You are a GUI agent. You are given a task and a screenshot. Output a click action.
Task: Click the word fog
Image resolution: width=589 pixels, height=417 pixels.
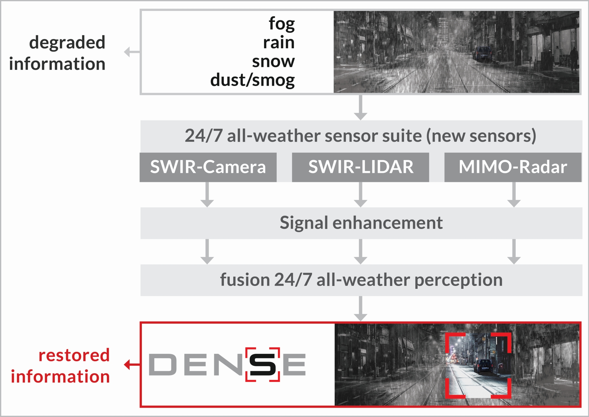pyautogui.click(x=281, y=24)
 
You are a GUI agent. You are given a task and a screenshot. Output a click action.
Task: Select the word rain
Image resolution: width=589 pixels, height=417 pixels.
pyautogui.click(x=279, y=43)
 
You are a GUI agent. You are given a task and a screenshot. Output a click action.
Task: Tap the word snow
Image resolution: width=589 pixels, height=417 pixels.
pyautogui.click(x=273, y=61)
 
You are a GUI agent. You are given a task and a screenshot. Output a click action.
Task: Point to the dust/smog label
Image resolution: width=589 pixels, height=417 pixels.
pyautogui.click(x=252, y=80)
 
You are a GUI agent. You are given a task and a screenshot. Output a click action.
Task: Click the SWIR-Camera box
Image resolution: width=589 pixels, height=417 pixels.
pyautogui.click(x=208, y=167)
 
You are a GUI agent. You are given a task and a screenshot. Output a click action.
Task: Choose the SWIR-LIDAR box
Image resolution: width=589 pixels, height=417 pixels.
pyautogui.click(x=361, y=167)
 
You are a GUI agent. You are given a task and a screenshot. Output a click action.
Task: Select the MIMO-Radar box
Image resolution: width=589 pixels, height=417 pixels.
pyautogui.click(x=513, y=167)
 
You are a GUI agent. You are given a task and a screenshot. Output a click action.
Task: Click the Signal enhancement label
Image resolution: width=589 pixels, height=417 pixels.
pyautogui.click(x=361, y=223)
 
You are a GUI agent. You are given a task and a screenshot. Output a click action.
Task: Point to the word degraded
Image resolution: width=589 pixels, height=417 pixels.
pyautogui.click(x=67, y=43)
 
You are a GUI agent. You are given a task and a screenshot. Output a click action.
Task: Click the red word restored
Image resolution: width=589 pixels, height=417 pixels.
pyautogui.click(x=74, y=355)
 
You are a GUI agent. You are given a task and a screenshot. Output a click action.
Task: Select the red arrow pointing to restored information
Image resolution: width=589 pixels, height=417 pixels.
pyautogui.click(x=132, y=365)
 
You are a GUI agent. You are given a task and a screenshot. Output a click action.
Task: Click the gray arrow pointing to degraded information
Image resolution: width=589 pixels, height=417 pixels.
pyautogui.click(x=132, y=52)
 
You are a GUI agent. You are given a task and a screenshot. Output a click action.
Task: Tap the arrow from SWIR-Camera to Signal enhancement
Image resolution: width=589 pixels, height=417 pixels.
pyautogui.click(x=207, y=194)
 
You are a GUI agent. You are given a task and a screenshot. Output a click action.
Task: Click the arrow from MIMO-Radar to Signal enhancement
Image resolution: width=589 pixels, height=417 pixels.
pyautogui.click(x=514, y=194)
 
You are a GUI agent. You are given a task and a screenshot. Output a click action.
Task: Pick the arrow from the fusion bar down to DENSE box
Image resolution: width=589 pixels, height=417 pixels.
pyautogui.click(x=361, y=308)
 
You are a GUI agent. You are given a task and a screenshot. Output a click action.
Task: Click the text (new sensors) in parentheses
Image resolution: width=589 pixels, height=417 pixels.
pyautogui.click(x=481, y=136)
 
